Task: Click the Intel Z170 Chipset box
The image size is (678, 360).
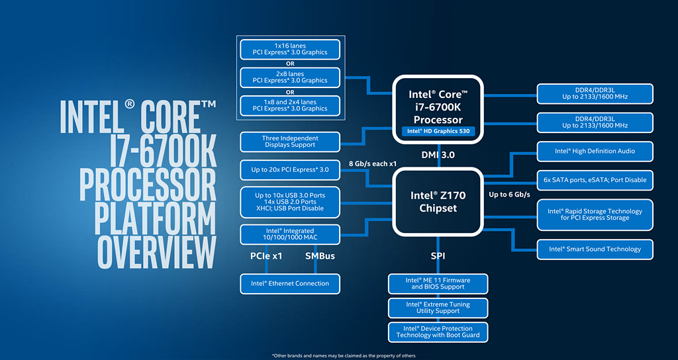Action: (438, 202)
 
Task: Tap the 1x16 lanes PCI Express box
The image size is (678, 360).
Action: (290, 49)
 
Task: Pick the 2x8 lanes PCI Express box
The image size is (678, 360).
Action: (290, 77)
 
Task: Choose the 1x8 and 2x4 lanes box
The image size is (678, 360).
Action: (290, 105)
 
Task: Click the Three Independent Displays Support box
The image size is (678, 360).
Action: (290, 141)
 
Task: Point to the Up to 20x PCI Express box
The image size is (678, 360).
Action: (290, 170)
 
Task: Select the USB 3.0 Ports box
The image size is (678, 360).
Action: (290, 202)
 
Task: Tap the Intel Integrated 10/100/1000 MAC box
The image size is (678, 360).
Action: (290, 234)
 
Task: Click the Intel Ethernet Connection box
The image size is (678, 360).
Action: (290, 283)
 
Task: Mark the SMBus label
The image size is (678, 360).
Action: (320, 255)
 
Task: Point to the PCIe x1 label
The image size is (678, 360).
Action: (266, 255)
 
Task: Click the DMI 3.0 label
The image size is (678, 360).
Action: (438, 155)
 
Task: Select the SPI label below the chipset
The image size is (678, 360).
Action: (438, 255)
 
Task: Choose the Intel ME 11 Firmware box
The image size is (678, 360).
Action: (438, 283)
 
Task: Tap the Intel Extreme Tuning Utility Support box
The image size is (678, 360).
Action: (438, 308)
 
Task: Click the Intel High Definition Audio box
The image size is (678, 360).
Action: (595, 151)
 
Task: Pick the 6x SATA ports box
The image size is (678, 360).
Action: (595, 180)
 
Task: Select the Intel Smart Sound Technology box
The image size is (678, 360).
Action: (595, 249)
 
